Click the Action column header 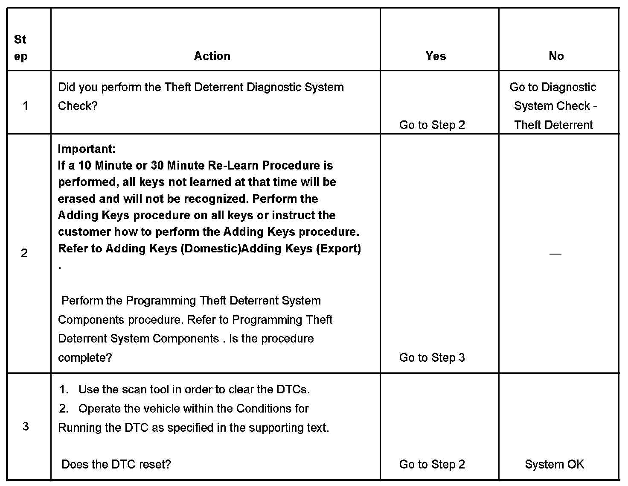coord(212,56)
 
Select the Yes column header coord(436,56)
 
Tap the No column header coord(556,56)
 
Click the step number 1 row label coord(25,106)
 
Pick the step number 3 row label coord(25,426)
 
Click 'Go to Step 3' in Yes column coord(432,357)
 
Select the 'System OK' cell coord(554,464)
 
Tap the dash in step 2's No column coord(555,254)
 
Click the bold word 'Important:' coord(86,149)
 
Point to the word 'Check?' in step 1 coord(78,106)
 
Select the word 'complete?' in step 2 coord(85,357)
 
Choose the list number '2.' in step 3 coord(64,409)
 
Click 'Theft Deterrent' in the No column coord(554,125)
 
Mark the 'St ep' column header coord(20,48)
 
